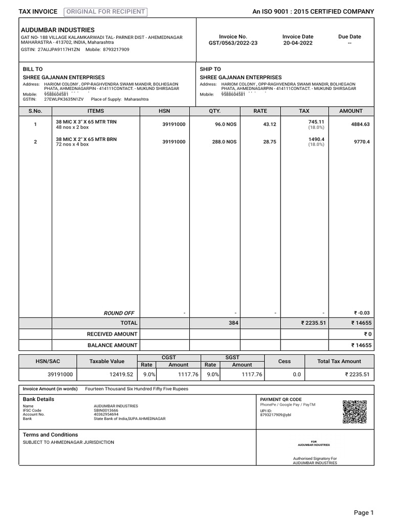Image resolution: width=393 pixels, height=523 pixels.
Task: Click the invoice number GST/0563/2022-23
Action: [233, 43]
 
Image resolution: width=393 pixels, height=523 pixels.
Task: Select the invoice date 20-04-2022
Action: [298, 43]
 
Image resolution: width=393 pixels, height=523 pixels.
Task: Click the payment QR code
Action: [355, 412]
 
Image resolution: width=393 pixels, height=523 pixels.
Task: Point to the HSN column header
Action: [164, 111]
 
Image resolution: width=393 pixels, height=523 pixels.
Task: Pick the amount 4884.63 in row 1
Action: [360, 124]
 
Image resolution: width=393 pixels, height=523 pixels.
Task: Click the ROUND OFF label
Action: [119, 313]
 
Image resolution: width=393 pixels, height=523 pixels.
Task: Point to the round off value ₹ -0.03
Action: [361, 313]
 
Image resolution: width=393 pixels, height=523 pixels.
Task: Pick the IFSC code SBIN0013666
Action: [105, 410]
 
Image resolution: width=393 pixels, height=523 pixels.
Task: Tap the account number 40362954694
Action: [105, 414]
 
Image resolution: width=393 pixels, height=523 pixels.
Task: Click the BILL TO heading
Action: [33, 69]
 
